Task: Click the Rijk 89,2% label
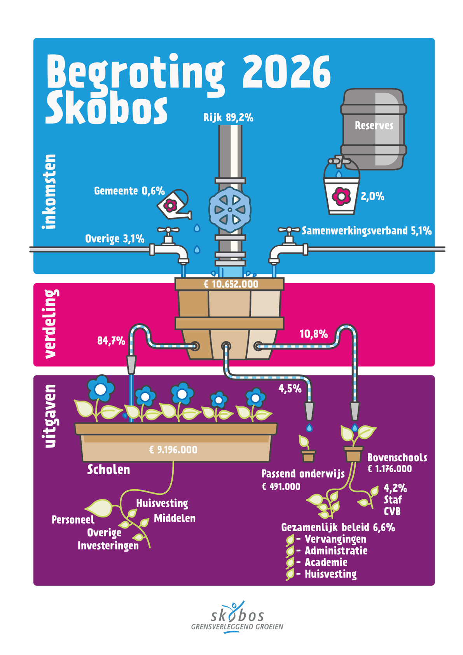point(228,117)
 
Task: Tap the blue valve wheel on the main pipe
point(230,210)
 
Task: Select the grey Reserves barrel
point(374,128)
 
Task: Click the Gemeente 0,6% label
point(129,191)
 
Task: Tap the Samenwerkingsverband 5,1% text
point(367,231)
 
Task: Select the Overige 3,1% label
point(115,238)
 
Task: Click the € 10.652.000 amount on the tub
point(231,284)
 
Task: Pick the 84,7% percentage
point(111,341)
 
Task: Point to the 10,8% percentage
point(313,334)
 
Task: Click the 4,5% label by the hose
point(290,388)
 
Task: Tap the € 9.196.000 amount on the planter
point(173,450)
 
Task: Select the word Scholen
point(108,469)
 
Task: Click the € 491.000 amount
point(281,487)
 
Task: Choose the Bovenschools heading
point(397,457)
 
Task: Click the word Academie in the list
point(326,562)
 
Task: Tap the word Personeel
point(73,520)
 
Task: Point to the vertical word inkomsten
point(50,191)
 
